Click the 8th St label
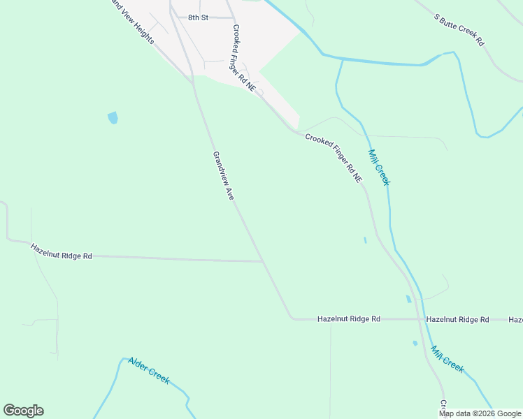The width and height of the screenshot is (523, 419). (198, 17)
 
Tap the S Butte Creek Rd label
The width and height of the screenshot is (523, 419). (459, 29)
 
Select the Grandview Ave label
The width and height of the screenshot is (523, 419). (223, 177)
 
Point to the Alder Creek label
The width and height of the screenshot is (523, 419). (148, 370)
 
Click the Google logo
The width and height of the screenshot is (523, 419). (23, 411)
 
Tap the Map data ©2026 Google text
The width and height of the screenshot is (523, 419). (480, 413)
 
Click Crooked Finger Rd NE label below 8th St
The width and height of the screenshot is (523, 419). (243, 55)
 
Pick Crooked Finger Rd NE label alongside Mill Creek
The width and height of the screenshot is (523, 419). (334, 158)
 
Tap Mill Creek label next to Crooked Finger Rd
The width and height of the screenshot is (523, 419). (378, 166)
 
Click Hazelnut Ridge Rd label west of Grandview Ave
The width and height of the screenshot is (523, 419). (62, 251)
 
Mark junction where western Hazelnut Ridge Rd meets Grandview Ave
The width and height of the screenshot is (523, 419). (263, 262)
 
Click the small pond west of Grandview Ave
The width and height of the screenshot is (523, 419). (113, 117)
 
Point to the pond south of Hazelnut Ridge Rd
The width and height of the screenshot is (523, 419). (415, 343)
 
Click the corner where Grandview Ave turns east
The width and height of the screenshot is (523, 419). (292, 318)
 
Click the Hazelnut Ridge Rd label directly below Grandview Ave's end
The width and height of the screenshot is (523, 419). (348, 318)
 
